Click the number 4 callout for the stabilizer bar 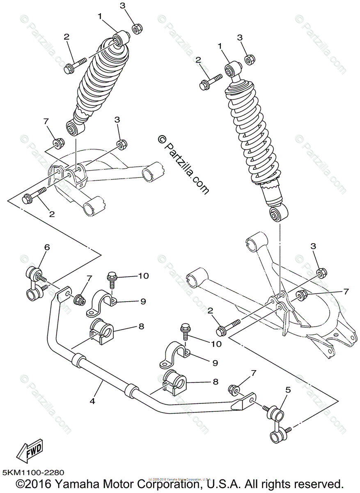click(x=92, y=401)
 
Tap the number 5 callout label click(x=288, y=390)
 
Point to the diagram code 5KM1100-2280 click(x=32, y=473)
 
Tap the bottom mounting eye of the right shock click(x=278, y=214)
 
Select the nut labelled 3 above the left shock click(x=137, y=30)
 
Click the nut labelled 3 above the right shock click(x=249, y=60)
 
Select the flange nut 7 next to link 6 click(x=80, y=299)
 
